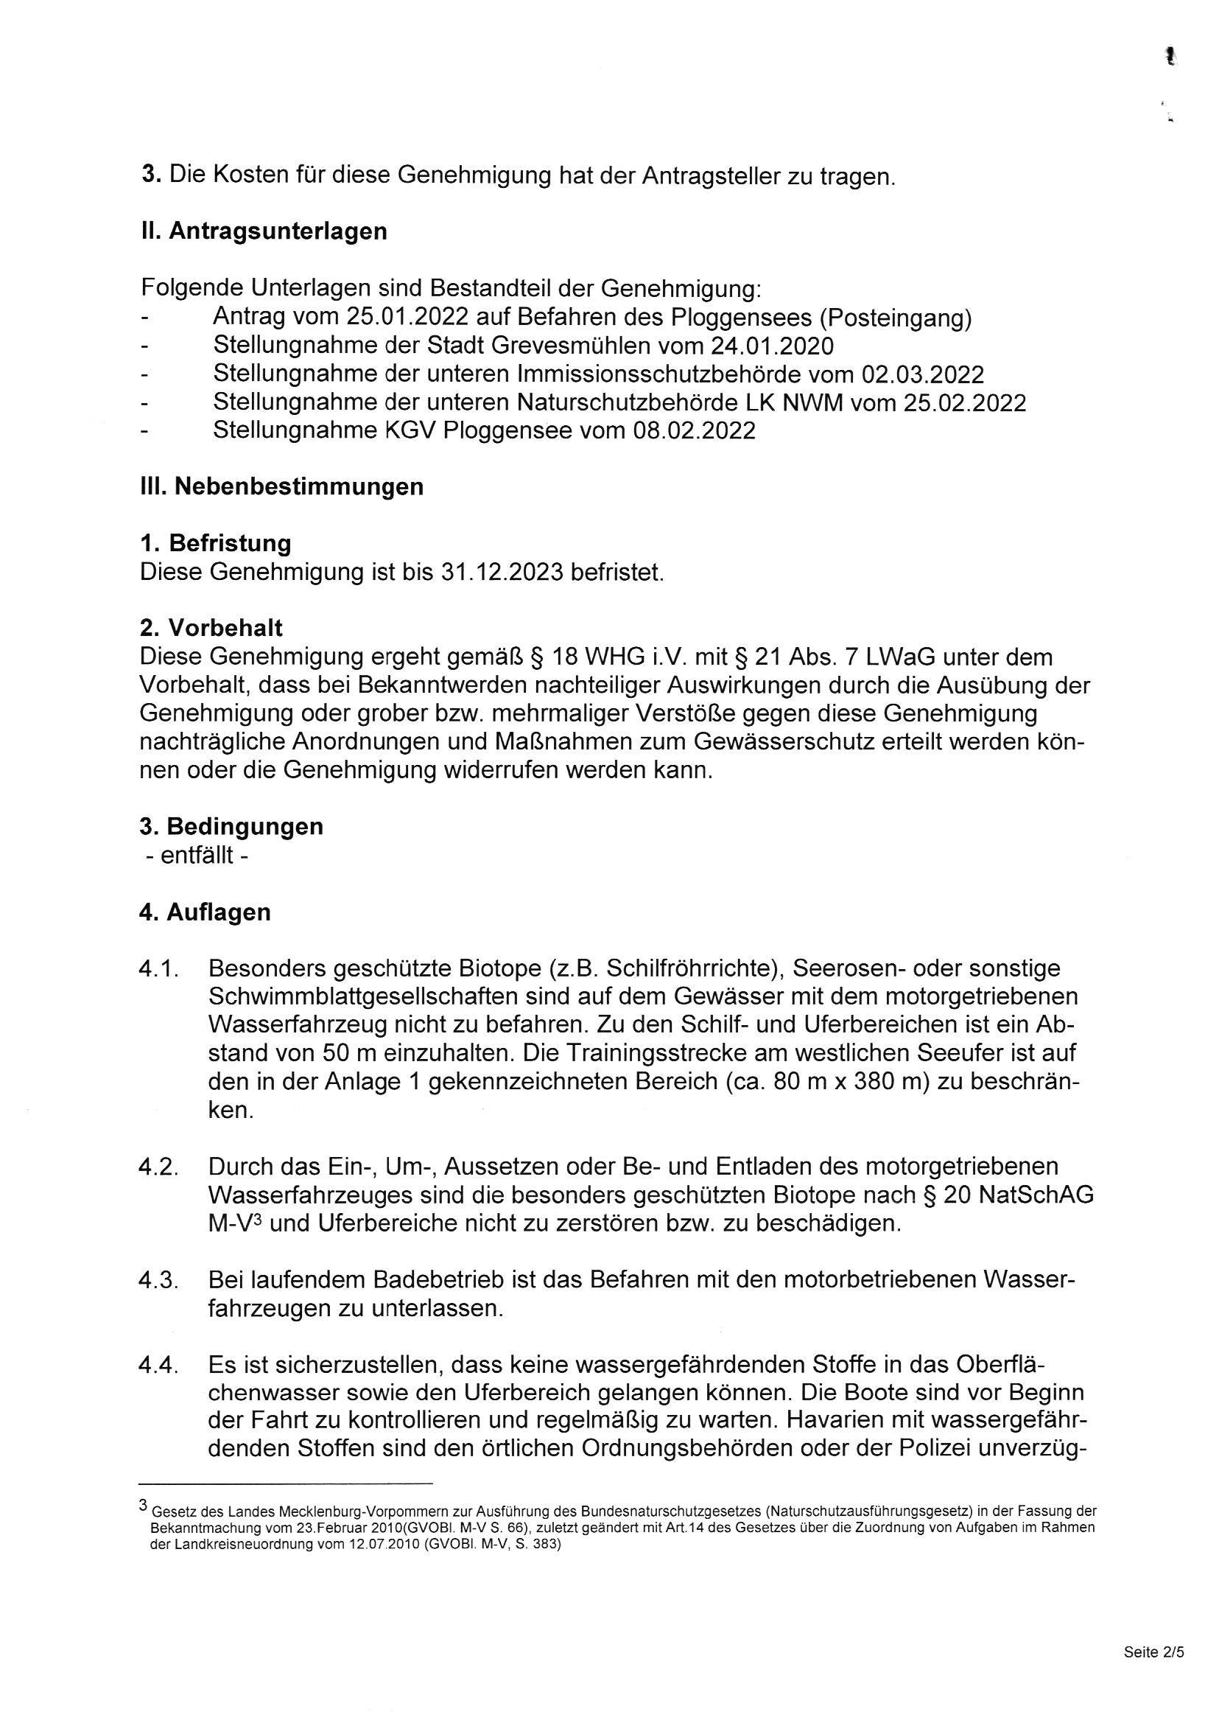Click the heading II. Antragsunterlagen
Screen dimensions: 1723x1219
pos(264,231)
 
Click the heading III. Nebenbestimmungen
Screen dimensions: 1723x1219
pos(281,486)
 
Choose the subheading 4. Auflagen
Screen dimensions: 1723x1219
pos(205,912)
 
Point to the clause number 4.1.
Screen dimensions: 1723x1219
pos(158,969)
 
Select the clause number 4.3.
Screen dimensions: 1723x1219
pos(158,1280)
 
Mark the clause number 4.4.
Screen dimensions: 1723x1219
pos(158,1365)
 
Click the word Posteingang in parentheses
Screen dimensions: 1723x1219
pos(896,318)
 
